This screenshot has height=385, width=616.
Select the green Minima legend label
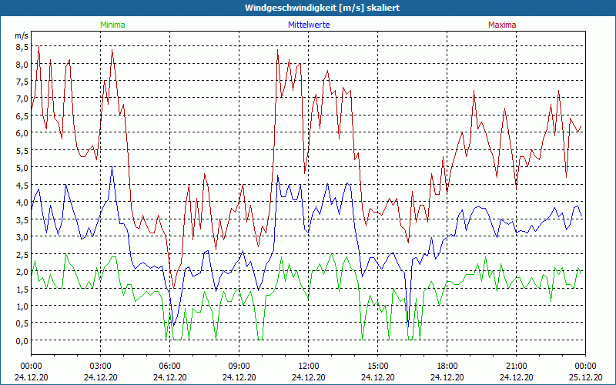pos(112,25)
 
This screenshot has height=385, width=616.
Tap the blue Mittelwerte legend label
pos(309,25)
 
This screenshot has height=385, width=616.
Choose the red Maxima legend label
pos(501,25)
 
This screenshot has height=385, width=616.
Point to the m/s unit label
pos(22,35)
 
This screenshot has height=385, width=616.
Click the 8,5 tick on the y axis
pos(22,47)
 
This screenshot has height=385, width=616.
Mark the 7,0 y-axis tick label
pos(22,99)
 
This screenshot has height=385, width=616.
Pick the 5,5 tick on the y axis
pos(22,150)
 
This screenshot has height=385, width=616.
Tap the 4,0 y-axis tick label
pos(22,203)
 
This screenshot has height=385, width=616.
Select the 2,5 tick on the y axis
pos(22,254)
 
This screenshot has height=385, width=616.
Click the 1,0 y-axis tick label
pos(22,306)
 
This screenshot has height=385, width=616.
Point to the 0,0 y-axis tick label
pos(22,341)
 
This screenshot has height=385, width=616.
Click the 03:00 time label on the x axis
pos(100,366)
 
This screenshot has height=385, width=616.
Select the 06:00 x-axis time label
pos(169,366)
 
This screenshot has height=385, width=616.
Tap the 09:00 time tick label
pos(239,366)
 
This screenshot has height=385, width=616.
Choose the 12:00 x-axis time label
pos(308,366)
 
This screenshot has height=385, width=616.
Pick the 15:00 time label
pos(377,366)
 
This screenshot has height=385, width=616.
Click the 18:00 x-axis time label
pos(447,366)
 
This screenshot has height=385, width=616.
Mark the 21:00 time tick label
pos(516,366)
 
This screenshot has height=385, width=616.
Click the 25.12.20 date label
pos(585,377)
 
